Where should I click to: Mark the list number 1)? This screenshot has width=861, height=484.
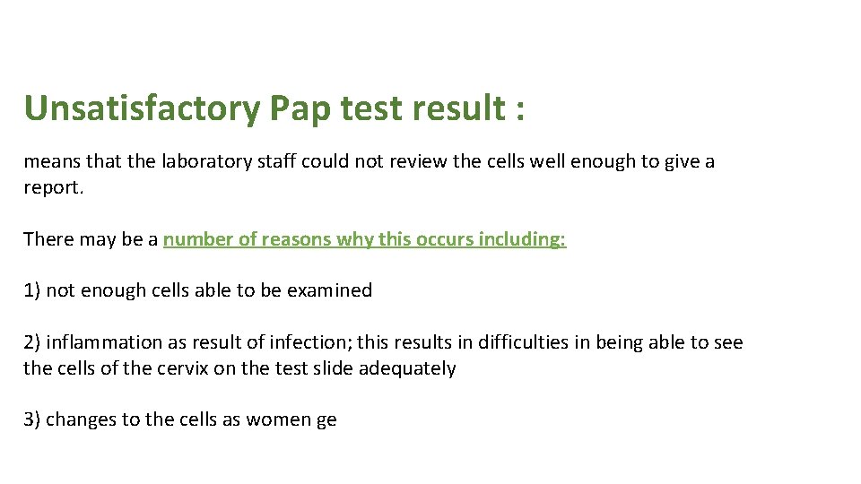point(32,290)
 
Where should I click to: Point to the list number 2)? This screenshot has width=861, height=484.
point(32,342)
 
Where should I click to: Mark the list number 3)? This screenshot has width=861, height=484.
point(32,419)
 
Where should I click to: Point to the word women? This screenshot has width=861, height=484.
point(279,419)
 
